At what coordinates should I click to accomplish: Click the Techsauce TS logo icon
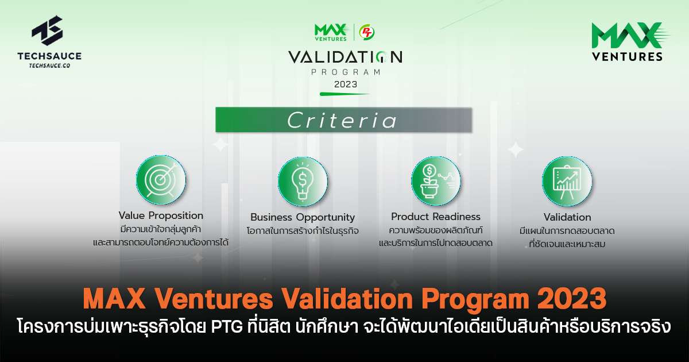tap(47, 32)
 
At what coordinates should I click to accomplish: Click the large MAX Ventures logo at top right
tap(627, 41)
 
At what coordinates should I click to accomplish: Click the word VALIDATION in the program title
tap(344, 57)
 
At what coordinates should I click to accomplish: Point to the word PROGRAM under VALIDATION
tap(345, 72)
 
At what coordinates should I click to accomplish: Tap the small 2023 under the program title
tap(344, 84)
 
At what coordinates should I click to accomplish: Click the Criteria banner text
tap(343, 121)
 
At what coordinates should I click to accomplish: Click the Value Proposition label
tap(161, 215)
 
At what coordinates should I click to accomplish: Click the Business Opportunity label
tap(303, 217)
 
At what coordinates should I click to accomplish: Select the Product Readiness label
tap(436, 217)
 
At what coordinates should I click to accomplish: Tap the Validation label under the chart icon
tap(567, 217)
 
